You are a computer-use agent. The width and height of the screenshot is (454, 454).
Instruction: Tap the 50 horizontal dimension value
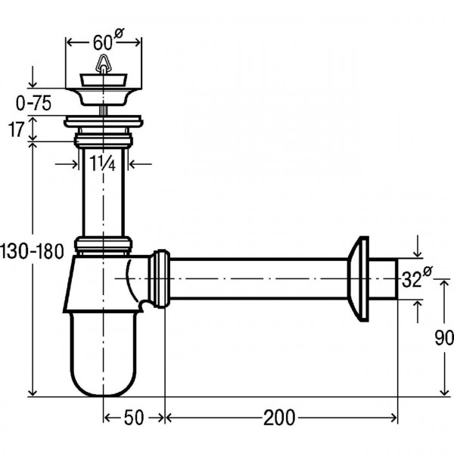coord(134,417)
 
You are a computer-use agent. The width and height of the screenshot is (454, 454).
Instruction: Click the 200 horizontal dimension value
coord(279,417)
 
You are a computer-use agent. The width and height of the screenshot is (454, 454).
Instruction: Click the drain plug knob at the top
coord(101,70)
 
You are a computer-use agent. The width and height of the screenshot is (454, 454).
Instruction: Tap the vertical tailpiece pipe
coord(102,189)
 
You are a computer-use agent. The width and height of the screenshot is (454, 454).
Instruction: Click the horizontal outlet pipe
coord(257,278)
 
